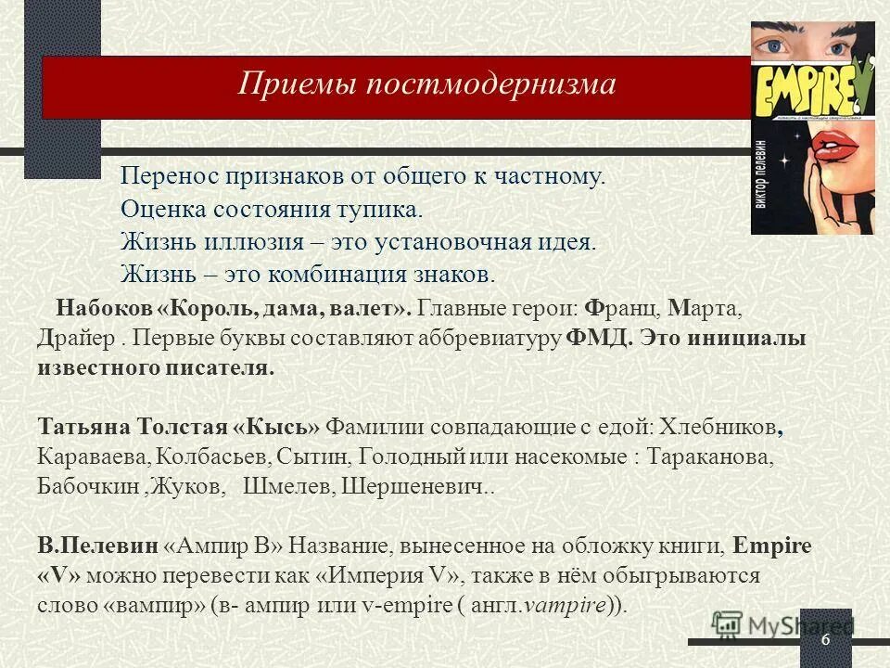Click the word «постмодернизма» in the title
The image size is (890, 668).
[491, 84]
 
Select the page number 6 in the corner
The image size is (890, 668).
[824, 643]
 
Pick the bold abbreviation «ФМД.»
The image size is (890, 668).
[599, 337]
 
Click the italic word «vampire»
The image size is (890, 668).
[566, 606]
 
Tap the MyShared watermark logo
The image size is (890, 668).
[783, 627]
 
